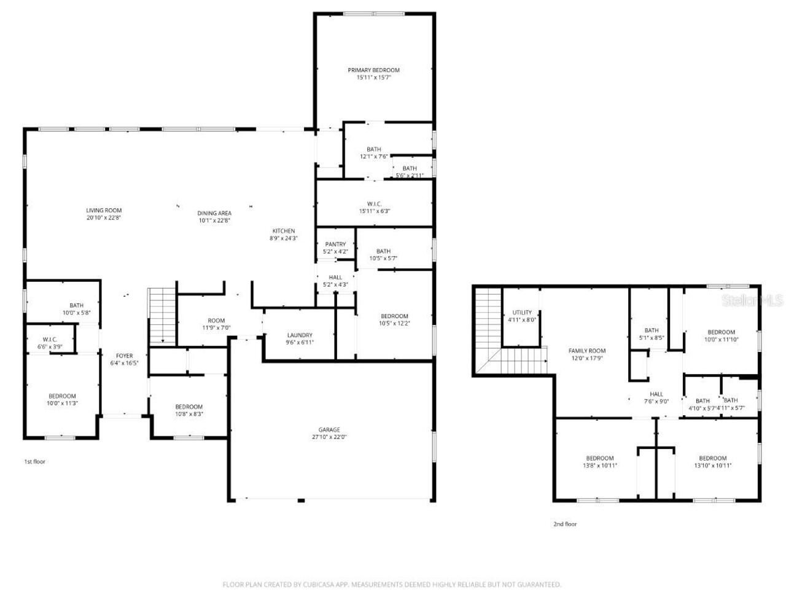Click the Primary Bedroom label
coord(373,71)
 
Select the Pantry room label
coord(335,244)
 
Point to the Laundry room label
coord(300,335)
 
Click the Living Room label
coord(104,211)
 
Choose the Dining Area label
coord(214,213)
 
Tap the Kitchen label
coord(284,231)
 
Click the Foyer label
coord(125,356)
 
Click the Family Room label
coord(587,351)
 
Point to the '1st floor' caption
coord(35,462)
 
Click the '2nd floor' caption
coord(565,524)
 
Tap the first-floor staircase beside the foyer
coord(163,315)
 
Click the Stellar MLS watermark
coord(752,300)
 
